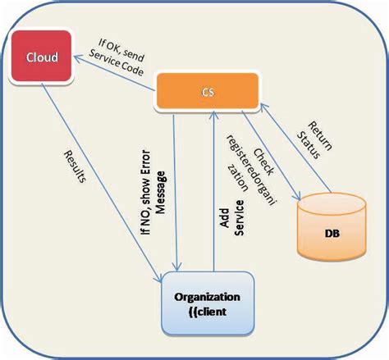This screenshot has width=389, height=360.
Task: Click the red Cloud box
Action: (x=42, y=57)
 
